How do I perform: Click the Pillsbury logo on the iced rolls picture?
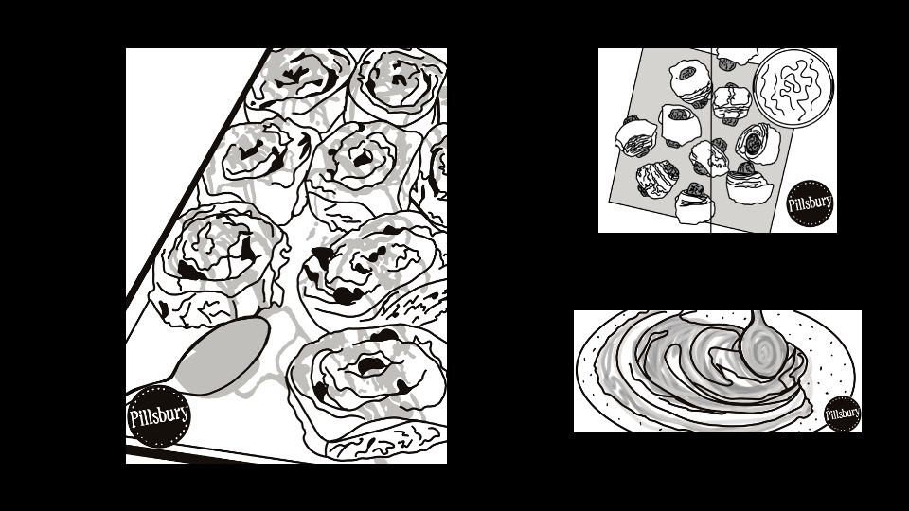[x=158, y=416]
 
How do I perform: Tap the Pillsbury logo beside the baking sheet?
[x=810, y=203]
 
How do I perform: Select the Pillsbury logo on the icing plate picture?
[x=843, y=414]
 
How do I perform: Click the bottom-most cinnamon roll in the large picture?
[x=368, y=394]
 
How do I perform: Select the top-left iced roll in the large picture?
[x=300, y=82]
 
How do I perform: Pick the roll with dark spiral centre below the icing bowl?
[x=757, y=144]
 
